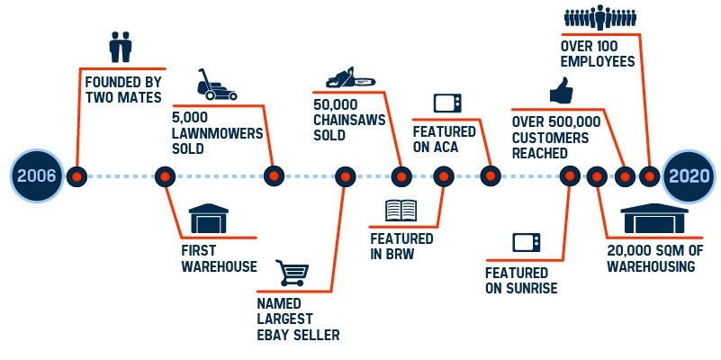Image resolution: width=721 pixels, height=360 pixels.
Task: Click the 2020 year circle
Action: point(689,175)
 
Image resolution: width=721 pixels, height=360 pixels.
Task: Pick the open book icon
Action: point(401,211)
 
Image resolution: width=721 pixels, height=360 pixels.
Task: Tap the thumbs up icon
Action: point(563,91)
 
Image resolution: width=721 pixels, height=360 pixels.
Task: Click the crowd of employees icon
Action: point(601,18)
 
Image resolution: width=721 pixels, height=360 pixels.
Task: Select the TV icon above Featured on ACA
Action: point(446,103)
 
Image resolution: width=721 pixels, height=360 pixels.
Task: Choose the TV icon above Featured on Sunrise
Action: point(526,242)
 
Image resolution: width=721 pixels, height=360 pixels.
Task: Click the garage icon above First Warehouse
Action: point(209,219)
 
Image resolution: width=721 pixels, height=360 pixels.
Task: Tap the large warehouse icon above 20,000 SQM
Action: point(654,216)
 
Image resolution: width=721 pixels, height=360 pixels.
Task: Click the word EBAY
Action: point(277,336)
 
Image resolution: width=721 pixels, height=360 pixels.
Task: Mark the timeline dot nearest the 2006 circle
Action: point(78,175)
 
